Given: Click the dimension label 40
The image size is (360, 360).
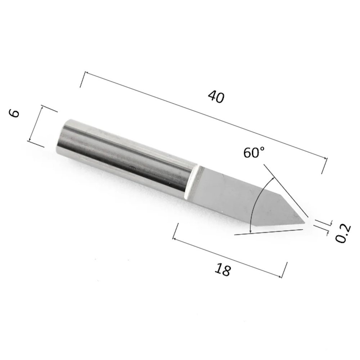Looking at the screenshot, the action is pos(216,96).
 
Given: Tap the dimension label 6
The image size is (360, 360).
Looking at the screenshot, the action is pos(14,113).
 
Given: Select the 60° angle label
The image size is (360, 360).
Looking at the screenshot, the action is pos(254,152).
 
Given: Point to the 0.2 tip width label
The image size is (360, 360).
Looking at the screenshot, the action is pos(343,233).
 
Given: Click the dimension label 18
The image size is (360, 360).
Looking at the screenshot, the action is pos(222,270).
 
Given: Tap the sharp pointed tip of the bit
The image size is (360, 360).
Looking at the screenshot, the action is pos(304,222).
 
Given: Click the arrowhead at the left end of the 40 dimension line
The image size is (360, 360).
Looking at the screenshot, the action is pos(86,73).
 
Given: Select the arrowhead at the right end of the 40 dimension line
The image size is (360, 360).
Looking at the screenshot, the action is pos(325,158).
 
